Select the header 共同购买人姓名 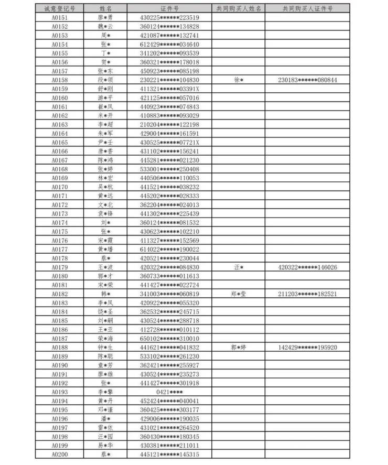click(x=239, y=9)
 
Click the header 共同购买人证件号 click(x=307, y=9)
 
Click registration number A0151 click(x=60, y=18)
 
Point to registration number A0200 click(x=60, y=454)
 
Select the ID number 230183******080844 click(x=307, y=80)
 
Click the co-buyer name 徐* click(x=239, y=80)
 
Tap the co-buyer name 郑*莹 click(x=239, y=294)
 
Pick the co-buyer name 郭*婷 click(x=239, y=348)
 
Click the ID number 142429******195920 click(x=307, y=348)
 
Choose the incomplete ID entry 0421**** click(x=169, y=392)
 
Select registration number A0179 click(x=60, y=267)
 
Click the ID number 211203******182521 click(x=307, y=294)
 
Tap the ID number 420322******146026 click(x=307, y=267)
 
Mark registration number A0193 click(x=60, y=392)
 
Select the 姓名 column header click(x=105, y=9)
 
